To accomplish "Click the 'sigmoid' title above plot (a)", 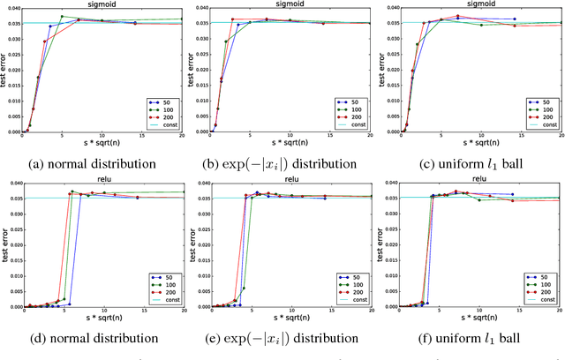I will pyautogui.click(x=102, y=4).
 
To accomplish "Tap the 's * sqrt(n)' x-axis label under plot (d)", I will pyautogui.click(x=102, y=319).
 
